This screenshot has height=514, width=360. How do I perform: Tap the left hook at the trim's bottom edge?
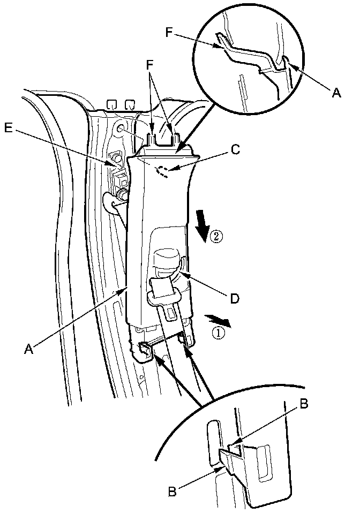pyautogui.click(x=144, y=350)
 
